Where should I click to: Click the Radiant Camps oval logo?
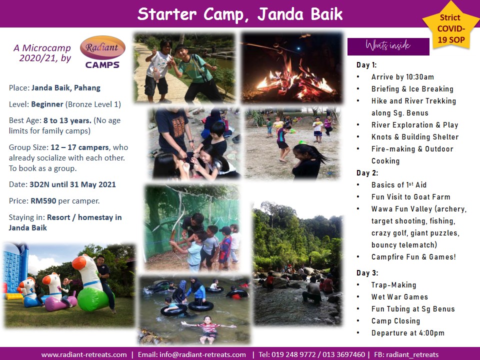point(102,47)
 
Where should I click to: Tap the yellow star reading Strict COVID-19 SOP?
point(451,26)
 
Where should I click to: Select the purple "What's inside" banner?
point(388,46)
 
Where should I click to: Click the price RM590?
point(43,201)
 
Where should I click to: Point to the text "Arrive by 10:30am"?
point(402,77)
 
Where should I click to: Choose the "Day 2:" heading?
point(367,173)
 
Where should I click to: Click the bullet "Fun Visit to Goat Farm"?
point(410,197)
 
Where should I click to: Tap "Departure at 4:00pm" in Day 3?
point(408,333)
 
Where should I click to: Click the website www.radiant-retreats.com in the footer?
point(84,355)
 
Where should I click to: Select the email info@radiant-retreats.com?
point(202,355)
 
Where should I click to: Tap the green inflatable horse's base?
point(93,300)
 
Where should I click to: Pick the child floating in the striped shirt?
point(208,329)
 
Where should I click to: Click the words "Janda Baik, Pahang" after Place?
point(66,88)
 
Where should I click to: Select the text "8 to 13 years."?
point(67,120)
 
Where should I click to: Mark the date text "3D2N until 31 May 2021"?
point(72,184)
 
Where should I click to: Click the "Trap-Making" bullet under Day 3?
point(393,285)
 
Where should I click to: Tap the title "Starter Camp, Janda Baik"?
point(240,14)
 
